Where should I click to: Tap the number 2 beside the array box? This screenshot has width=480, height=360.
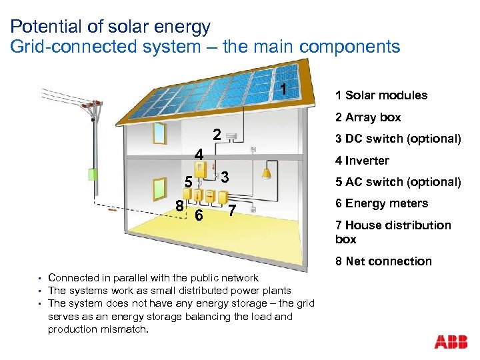tap(216, 134)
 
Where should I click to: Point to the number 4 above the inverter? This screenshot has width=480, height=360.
tap(199, 155)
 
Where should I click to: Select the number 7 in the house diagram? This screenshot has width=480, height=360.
tap(231, 212)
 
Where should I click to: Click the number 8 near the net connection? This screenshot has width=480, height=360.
tap(179, 205)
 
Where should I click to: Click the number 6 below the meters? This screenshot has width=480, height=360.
tap(198, 215)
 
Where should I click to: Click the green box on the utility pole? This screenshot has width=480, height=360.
tap(93, 175)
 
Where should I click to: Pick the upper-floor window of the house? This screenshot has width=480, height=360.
tap(159, 133)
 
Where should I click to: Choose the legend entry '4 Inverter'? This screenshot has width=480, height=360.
tap(362, 160)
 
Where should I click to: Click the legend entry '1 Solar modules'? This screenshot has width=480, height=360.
tap(381, 95)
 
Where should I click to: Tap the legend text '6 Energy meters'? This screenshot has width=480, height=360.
tap(381, 203)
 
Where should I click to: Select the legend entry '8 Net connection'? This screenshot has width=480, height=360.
tap(383, 261)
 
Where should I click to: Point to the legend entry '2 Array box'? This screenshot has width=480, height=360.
tap(368, 117)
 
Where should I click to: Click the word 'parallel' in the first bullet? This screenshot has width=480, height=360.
tap(139, 278)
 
